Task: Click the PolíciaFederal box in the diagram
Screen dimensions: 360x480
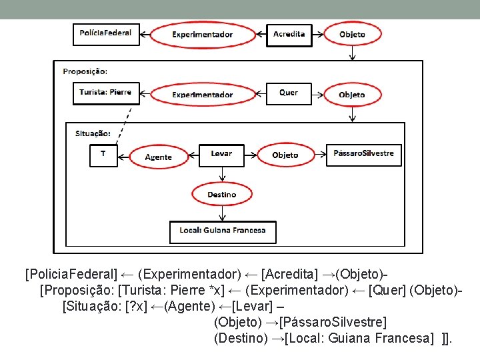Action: [106, 33]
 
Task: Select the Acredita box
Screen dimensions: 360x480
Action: [289, 34]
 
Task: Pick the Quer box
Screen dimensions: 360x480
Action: [289, 93]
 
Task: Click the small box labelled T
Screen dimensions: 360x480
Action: [103, 155]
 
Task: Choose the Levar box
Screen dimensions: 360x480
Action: [221, 154]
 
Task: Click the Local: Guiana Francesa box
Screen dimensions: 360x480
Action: [222, 231]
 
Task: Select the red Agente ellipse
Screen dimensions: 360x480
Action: [158, 157]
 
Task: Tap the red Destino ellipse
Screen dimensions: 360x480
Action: [221, 195]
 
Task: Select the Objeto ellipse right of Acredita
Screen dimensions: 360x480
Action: [352, 35]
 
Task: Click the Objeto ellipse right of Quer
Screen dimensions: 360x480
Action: [352, 95]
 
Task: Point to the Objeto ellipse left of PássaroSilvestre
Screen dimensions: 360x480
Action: [285, 155]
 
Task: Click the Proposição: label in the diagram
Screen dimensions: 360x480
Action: [85, 71]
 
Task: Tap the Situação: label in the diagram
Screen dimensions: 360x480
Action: [93, 133]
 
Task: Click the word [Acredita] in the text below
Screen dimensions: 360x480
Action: [290, 275]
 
